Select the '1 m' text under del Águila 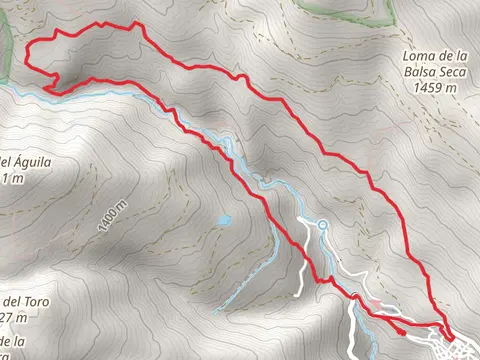(12, 179)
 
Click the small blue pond (224, 219)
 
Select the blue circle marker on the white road (323, 223)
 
